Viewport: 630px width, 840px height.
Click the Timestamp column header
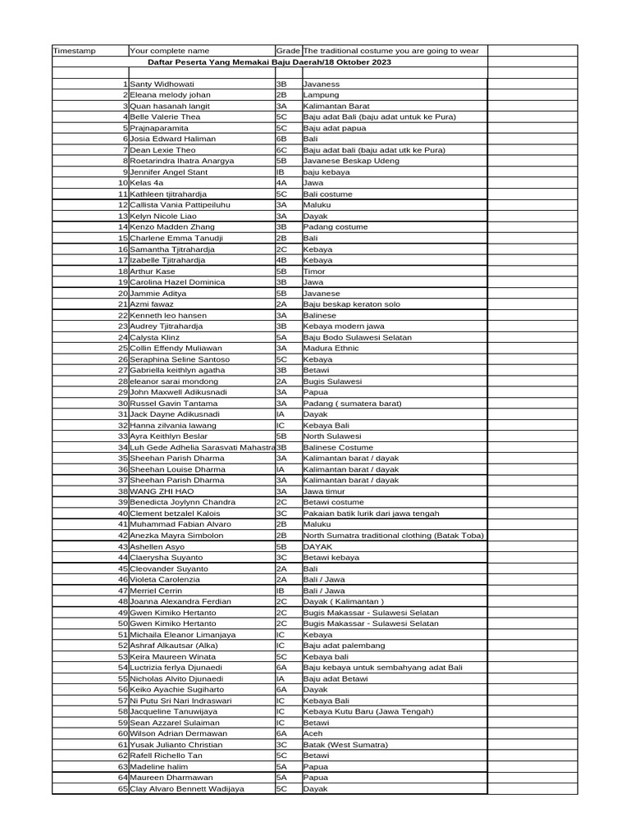coord(74,51)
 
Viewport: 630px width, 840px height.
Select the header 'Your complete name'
coord(170,51)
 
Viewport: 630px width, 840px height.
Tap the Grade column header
coord(288,51)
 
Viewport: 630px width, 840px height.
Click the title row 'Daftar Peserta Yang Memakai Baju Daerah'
coord(269,62)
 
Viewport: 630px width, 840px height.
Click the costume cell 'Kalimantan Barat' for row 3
coord(333,107)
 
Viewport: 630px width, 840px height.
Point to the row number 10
coord(123,183)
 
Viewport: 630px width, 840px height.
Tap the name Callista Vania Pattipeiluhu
coord(180,205)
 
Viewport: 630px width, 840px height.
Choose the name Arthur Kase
coord(153,271)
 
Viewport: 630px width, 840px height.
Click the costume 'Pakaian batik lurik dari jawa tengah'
coord(371,514)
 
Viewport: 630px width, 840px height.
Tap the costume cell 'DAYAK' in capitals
coord(317,546)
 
